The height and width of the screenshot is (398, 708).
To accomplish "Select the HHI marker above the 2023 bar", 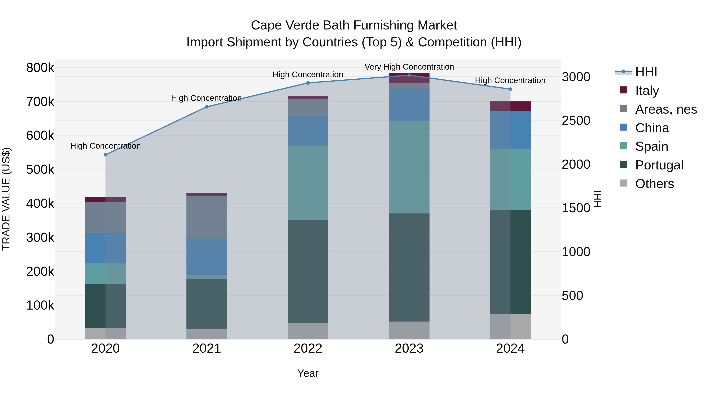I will pos(409,75).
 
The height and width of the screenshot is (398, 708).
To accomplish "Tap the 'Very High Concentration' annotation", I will pos(409,67).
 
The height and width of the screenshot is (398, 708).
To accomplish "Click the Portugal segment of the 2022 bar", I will pos(308,271).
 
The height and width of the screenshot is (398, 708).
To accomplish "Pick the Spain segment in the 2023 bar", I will pos(409,167).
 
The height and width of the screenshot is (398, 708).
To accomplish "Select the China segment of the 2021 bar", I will pos(207,257).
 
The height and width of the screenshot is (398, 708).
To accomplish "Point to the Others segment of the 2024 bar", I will pos(510,326).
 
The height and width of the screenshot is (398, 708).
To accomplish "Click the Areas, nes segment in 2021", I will pos(207,217).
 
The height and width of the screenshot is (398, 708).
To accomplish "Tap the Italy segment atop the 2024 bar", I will pos(510,106).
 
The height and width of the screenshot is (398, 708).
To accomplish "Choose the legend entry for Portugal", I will pos(659,165).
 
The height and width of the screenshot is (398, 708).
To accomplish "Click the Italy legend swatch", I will pos(624,90).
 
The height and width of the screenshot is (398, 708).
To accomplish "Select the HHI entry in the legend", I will pos(646,72).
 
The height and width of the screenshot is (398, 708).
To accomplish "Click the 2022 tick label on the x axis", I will pos(308,348).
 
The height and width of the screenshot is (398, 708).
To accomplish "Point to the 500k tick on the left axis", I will pos(40,169).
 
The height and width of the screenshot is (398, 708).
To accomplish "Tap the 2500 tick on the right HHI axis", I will pos(576,121).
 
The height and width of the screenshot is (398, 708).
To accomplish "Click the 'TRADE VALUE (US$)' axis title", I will pos(6,199).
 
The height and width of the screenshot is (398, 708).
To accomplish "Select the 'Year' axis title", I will pos(308,373).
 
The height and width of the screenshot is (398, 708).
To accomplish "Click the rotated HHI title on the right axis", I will pos(598,199).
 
